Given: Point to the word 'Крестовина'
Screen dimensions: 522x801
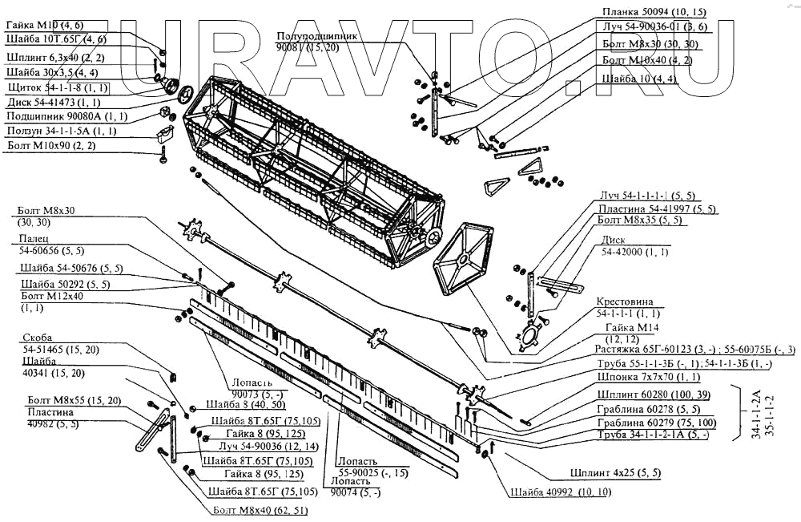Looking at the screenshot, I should pyautogui.click(x=624, y=302).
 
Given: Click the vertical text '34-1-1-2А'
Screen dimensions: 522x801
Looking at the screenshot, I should pyautogui.click(x=756, y=414).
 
